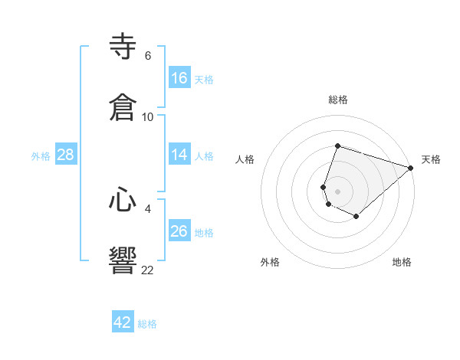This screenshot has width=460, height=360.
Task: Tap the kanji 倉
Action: (x=123, y=106)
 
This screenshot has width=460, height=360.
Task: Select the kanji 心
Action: (x=123, y=201)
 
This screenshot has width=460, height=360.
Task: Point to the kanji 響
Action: (x=123, y=260)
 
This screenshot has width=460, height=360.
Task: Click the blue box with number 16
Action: (x=179, y=78)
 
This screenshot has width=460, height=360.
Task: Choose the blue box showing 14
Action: (x=179, y=155)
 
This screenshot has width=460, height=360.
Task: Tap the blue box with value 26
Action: (x=179, y=231)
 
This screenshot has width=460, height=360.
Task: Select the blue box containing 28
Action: (x=66, y=155)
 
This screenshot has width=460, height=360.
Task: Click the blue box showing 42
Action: (x=123, y=322)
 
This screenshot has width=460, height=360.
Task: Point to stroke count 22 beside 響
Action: (x=148, y=270)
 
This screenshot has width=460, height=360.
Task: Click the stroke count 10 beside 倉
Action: (x=148, y=116)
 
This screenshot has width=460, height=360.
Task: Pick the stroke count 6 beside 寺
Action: (x=148, y=55)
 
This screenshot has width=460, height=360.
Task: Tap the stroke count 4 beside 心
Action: (x=148, y=208)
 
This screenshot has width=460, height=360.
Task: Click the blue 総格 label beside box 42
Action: (x=147, y=324)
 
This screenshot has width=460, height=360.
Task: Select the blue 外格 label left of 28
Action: (x=41, y=156)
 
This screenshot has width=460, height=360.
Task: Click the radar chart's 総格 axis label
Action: (x=337, y=100)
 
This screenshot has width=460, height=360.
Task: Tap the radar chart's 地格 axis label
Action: (x=402, y=262)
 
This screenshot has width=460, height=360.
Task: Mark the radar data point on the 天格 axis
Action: (x=411, y=167)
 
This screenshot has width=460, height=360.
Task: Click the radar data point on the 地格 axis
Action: (x=356, y=217)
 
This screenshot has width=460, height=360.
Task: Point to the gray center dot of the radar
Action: (x=337, y=191)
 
